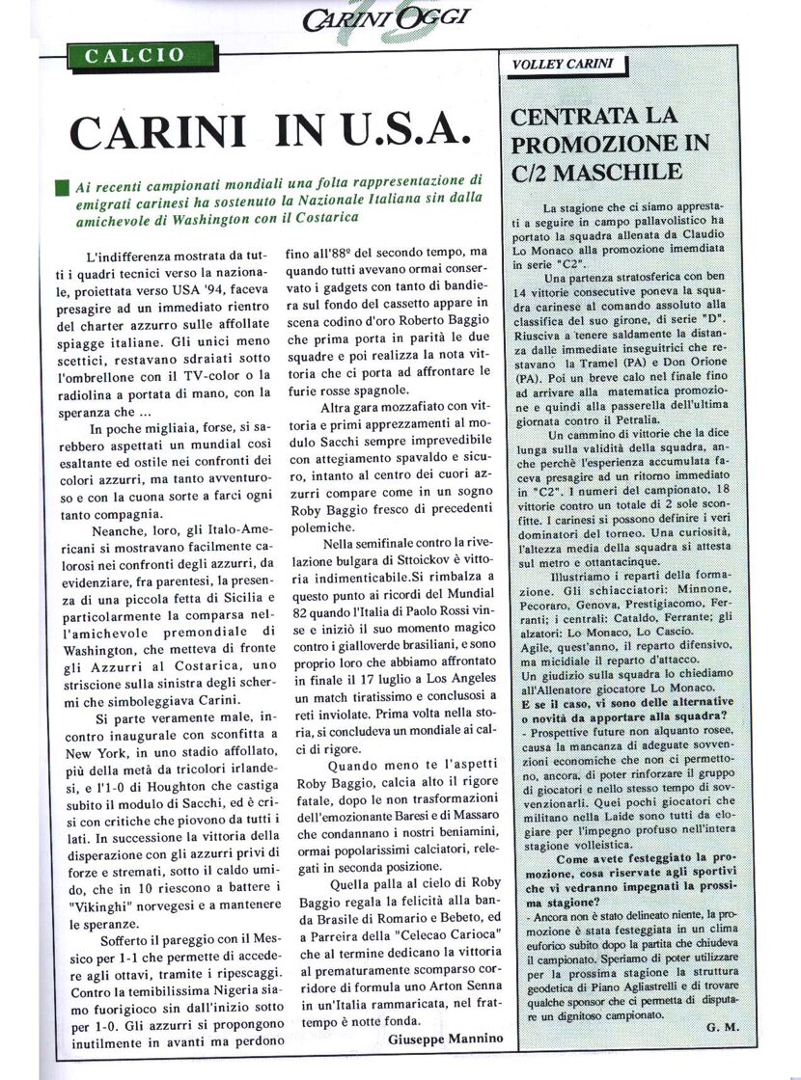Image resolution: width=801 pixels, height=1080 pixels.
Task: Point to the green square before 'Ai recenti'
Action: click(63, 186)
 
